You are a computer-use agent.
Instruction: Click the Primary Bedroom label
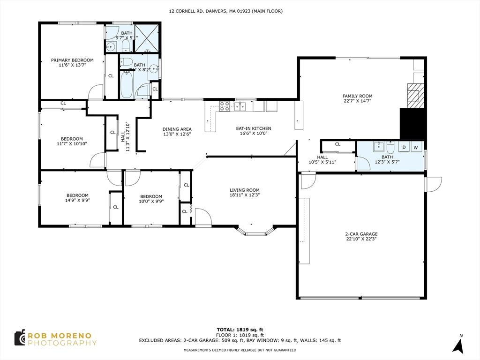pos(72,60)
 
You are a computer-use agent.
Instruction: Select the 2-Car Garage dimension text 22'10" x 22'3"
pos(361,239)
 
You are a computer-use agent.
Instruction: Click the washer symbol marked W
pos(415,147)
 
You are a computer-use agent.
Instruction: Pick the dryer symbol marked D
pos(404,147)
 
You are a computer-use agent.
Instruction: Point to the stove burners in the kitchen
pos(225,106)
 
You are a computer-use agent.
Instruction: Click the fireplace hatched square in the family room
pos(414,95)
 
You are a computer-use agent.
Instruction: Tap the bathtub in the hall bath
pos(127,84)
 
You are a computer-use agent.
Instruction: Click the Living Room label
pos(244,190)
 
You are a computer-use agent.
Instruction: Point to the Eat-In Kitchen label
pos(253,128)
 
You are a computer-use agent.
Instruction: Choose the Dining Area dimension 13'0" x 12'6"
pos(177,134)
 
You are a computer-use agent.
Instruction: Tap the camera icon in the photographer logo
pos(19,337)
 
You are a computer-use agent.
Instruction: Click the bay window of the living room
pos(255,232)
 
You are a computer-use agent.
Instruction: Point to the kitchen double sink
pos(240,106)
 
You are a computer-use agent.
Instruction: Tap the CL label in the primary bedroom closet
pos(111,75)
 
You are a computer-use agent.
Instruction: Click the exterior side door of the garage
pos(433,184)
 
